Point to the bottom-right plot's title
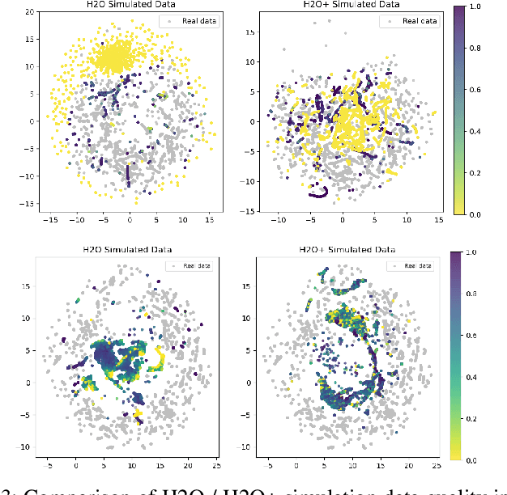(x=342, y=249)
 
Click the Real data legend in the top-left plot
(x=190, y=21)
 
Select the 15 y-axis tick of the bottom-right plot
(x=246, y=286)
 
